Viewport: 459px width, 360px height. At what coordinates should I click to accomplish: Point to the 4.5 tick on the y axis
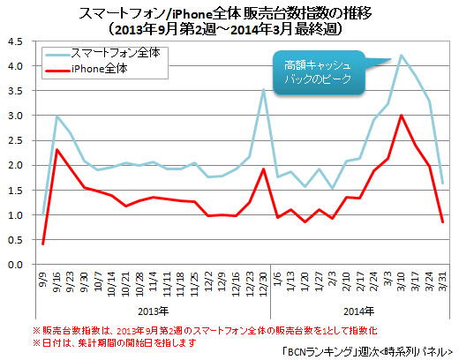click(14, 41)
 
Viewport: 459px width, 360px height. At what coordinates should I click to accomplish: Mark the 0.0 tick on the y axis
click(14, 265)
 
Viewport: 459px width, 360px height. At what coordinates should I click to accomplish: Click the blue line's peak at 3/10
click(402, 56)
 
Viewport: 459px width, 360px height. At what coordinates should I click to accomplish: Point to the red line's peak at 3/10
click(402, 116)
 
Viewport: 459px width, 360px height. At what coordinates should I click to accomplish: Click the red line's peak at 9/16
click(57, 150)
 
